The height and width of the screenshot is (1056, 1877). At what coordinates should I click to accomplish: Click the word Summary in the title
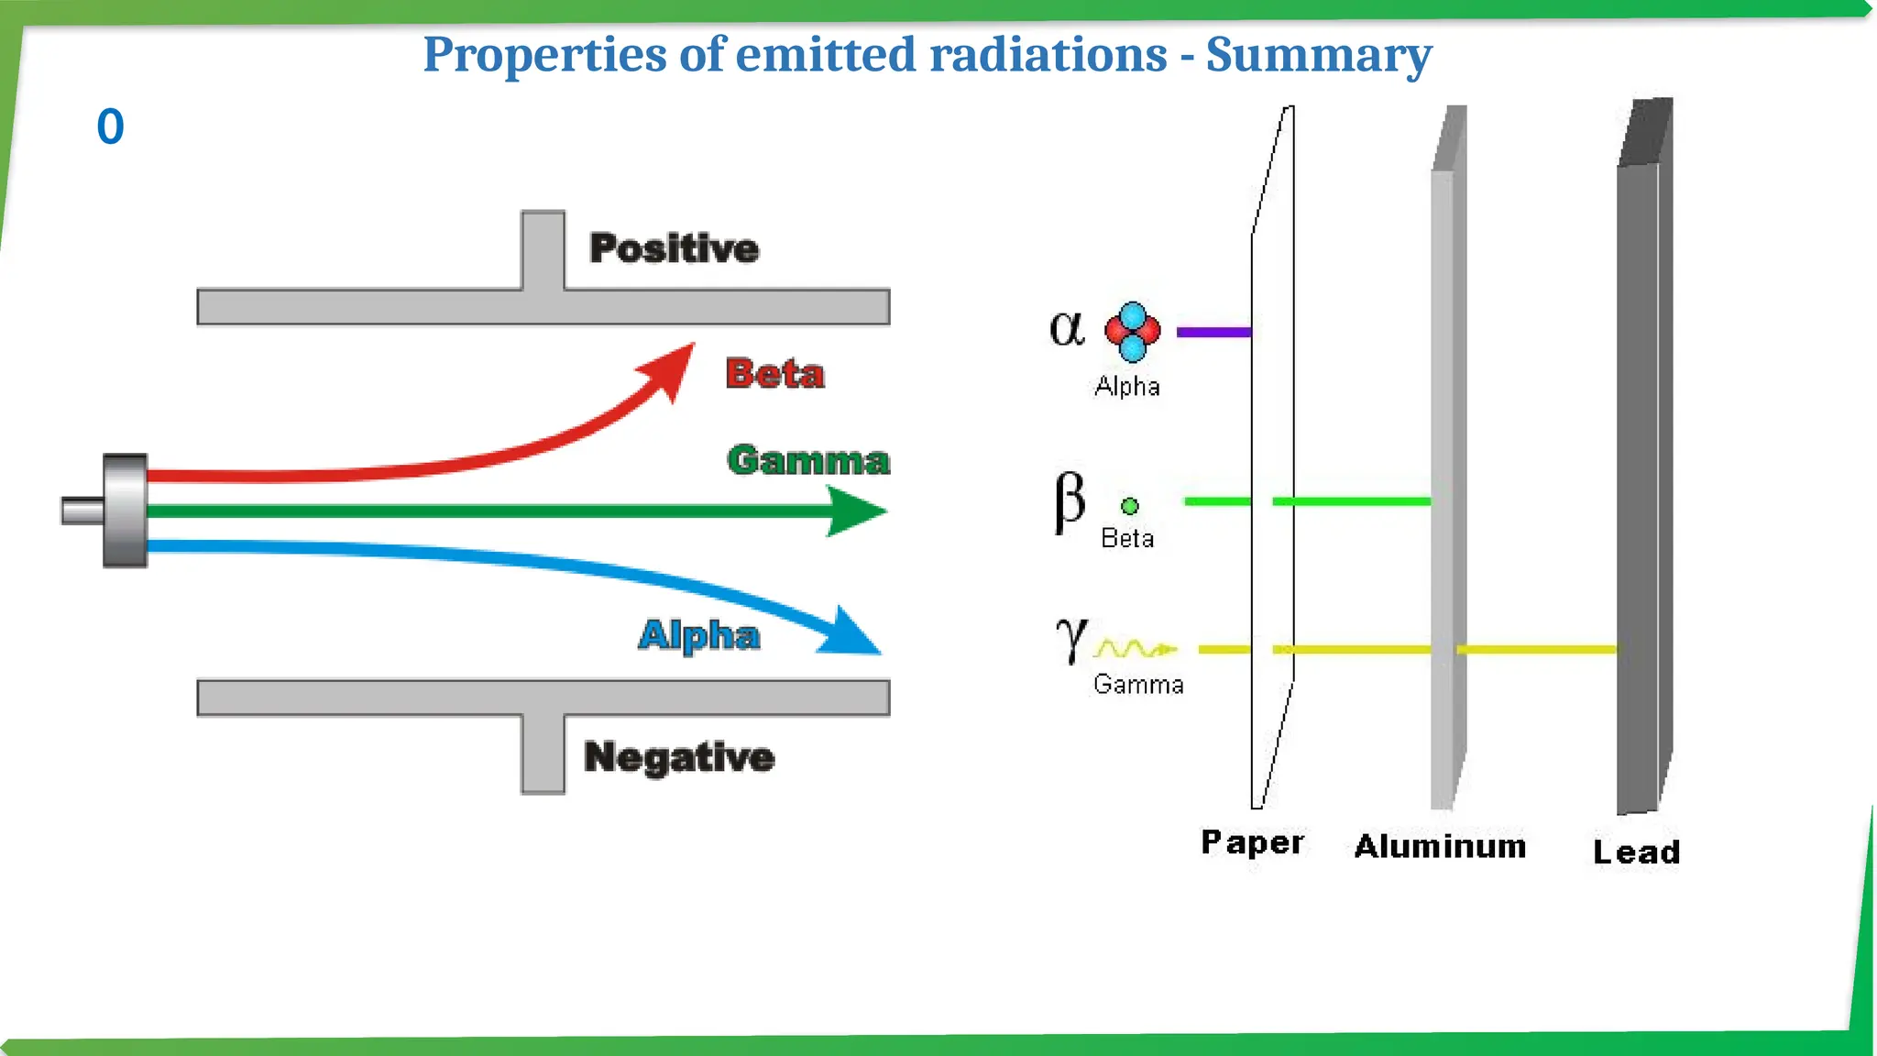pos(1318,55)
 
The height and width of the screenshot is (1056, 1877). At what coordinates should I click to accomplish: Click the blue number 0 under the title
pos(110,126)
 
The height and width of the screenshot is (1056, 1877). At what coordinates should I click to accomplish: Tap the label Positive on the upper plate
pos(674,248)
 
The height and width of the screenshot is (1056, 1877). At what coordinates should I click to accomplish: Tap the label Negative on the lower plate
pos(679,757)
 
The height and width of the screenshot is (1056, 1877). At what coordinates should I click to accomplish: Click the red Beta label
pos(774,374)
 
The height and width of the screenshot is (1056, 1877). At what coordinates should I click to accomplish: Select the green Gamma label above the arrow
pos(807,460)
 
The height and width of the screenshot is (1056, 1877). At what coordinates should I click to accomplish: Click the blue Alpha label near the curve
pos(698,635)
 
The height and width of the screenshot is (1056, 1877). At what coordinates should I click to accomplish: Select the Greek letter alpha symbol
pos(1066,328)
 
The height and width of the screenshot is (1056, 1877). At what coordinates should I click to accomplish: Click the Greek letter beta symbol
pos(1069,501)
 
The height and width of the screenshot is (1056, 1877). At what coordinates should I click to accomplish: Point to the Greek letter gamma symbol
pos(1070,638)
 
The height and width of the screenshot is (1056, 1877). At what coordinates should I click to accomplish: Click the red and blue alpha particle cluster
pos(1132,331)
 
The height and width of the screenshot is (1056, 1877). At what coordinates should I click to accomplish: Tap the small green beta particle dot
pos(1130,506)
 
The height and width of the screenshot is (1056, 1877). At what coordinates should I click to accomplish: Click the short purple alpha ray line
pos(1213,332)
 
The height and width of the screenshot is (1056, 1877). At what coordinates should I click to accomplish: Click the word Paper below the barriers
pos(1252,842)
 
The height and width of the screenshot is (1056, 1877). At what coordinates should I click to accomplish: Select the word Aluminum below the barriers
pos(1440,846)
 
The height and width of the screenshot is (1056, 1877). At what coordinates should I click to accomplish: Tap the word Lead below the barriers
pos(1636,852)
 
